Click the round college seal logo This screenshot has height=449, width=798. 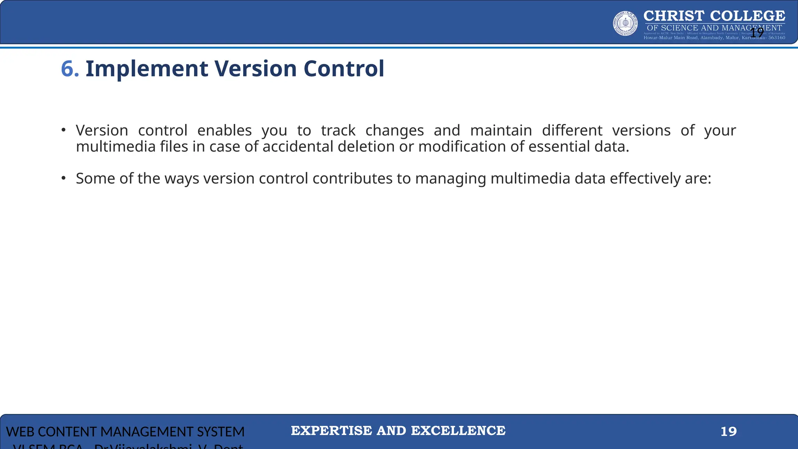[x=625, y=23]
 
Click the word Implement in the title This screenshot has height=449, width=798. [x=147, y=69]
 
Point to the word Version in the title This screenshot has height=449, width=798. [x=256, y=69]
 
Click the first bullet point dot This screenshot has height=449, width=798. [x=64, y=130]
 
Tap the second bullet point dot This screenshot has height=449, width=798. [x=64, y=178]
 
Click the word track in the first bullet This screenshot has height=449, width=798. [x=338, y=130]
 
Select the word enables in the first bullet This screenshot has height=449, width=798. [x=224, y=130]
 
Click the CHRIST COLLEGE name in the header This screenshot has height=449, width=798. [x=714, y=16]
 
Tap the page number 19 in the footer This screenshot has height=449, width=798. [x=728, y=431]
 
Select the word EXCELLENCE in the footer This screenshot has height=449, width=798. [x=458, y=431]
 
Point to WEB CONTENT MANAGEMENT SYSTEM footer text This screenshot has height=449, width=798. [x=125, y=432]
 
